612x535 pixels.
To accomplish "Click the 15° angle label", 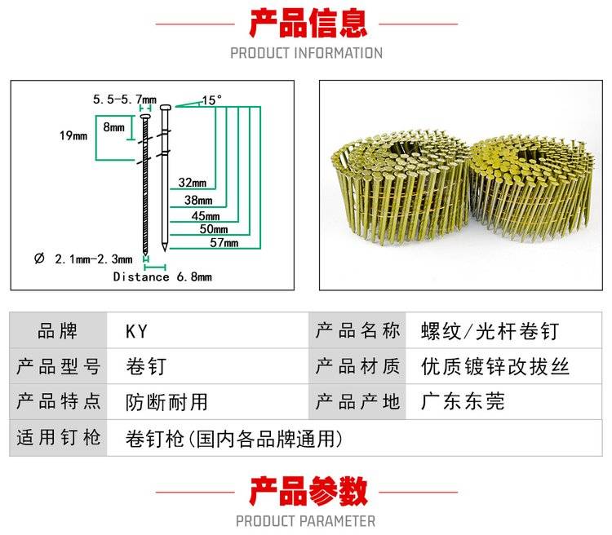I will click(x=211, y=100).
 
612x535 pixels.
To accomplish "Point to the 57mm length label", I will click(x=224, y=243).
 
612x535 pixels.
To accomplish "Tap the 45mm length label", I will click(x=206, y=215).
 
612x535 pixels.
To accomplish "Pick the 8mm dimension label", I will click(x=114, y=128).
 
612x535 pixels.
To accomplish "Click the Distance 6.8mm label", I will click(x=162, y=277).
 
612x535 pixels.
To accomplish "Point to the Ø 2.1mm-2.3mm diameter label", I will click(x=83, y=259).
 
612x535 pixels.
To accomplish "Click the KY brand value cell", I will click(x=136, y=331).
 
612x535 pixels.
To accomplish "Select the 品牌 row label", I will click(x=58, y=331).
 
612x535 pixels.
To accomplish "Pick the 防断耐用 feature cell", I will click(x=167, y=401).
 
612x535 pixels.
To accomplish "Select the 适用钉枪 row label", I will click(x=58, y=438).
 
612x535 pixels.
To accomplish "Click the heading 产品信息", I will click(x=307, y=24).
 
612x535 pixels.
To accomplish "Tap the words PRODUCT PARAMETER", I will click(x=306, y=521).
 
